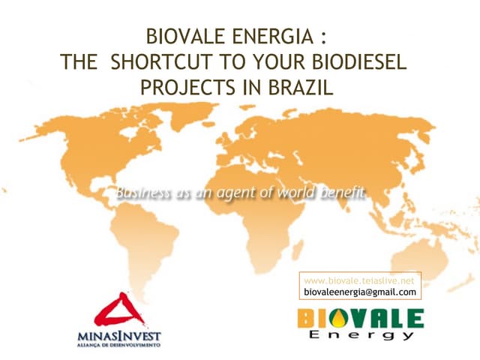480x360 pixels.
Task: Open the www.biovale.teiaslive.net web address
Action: pyautogui.click(x=359, y=280)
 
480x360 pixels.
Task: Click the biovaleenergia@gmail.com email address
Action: pyautogui.click(x=359, y=291)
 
